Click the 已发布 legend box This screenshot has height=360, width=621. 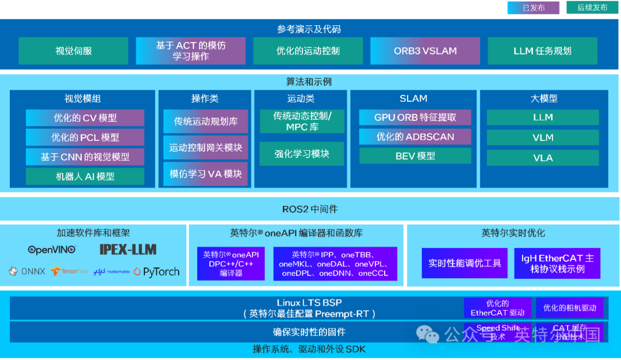click(533, 7)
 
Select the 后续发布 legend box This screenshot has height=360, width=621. click(592, 7)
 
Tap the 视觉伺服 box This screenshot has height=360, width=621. click(73, 51)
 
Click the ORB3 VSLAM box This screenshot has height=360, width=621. click(425, 51)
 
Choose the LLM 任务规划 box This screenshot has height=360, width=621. click(542, 51)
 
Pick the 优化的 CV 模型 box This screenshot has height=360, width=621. click(85, 118)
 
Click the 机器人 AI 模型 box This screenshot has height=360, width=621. click(85, 177)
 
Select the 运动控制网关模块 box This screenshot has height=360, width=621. click(205, 148)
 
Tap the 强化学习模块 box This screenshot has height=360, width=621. click(301, 154)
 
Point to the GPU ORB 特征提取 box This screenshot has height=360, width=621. click(415, 117)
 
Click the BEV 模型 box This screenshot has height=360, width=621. click(415, 156)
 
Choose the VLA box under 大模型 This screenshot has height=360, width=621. click(542, 158)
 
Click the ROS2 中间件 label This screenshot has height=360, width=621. click(309, 209)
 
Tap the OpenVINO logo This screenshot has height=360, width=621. click(52, 250)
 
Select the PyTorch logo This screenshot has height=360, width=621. click(156, 271)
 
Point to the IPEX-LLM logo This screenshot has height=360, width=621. click(128, 250)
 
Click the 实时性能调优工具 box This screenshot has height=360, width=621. click(465, 263)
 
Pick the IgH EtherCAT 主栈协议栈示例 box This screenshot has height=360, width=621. click(557, 263)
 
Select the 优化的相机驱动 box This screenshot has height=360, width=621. click(569, 308)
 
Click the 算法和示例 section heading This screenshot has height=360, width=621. click(309, 82)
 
